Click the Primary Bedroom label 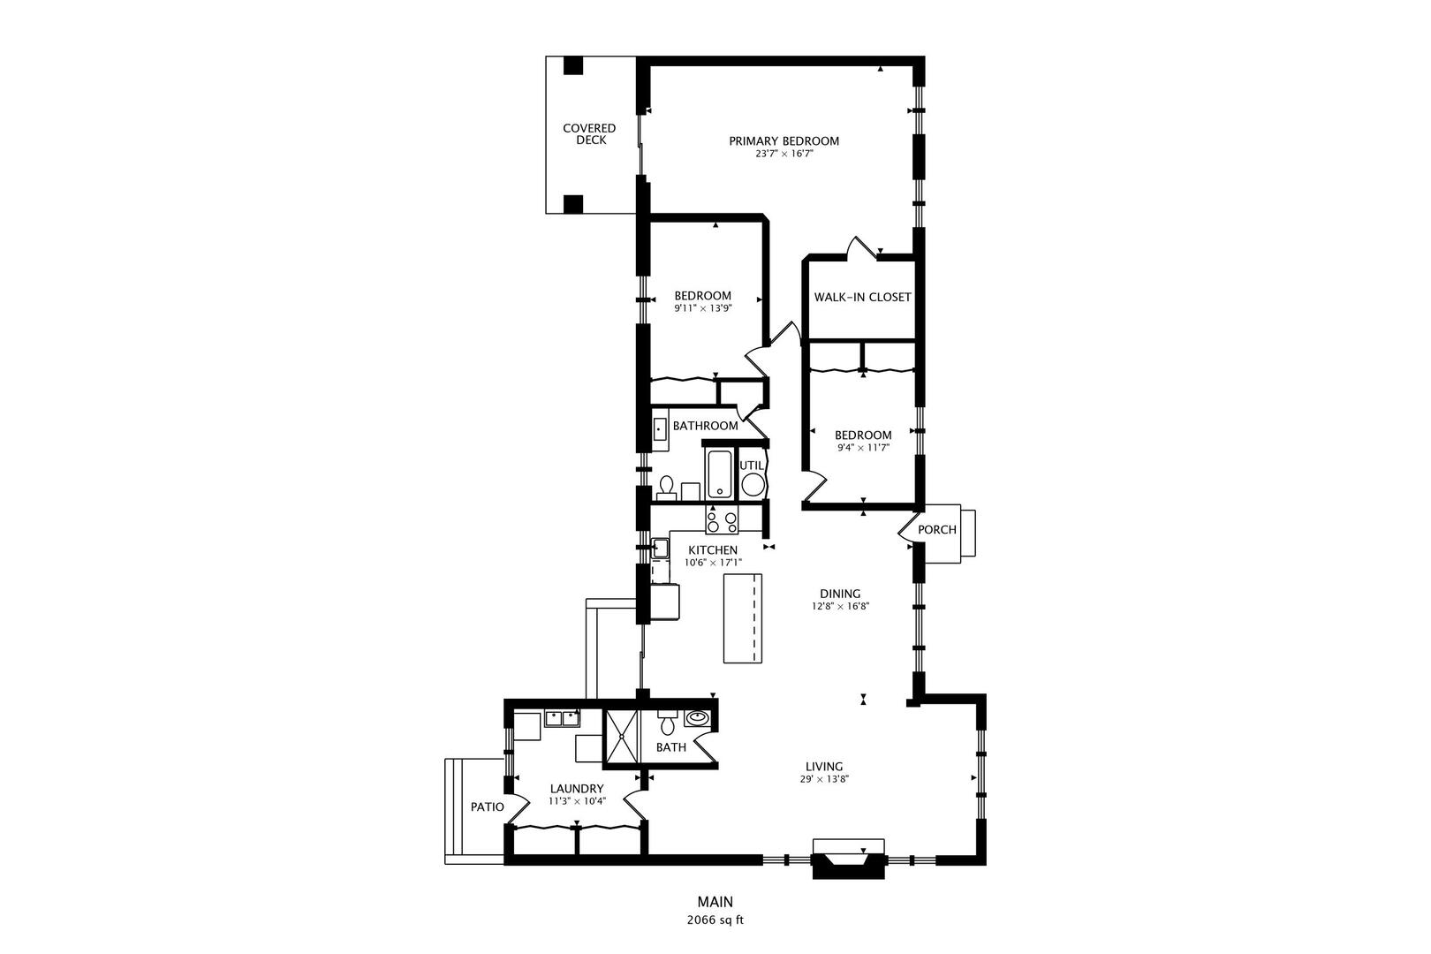784,140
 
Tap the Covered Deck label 589,134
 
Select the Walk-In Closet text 862,298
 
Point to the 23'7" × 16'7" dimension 784,154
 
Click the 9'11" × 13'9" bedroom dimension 703,308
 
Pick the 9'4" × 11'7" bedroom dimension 863,448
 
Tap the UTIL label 751,465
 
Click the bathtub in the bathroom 718,473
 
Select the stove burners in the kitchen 722,522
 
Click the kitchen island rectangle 742,617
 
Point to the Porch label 937,530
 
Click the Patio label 487,807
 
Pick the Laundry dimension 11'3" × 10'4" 576,802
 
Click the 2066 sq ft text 715,920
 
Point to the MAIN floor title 715,902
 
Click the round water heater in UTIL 753,484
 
